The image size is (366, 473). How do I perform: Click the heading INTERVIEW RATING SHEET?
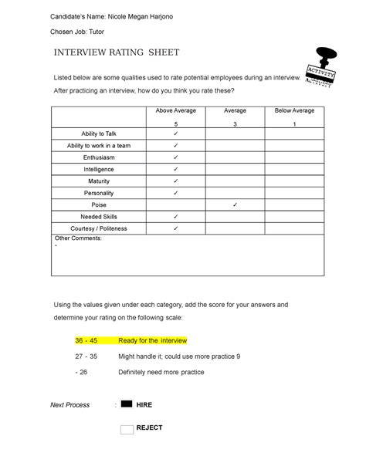point(115,53)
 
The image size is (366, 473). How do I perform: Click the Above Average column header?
point(176,111)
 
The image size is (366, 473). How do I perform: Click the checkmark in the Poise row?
point(235,205)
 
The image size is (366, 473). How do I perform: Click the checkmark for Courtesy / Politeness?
point(176,229)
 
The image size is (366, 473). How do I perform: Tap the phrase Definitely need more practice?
point(161,373)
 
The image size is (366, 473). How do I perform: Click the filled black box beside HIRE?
point(127,404)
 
